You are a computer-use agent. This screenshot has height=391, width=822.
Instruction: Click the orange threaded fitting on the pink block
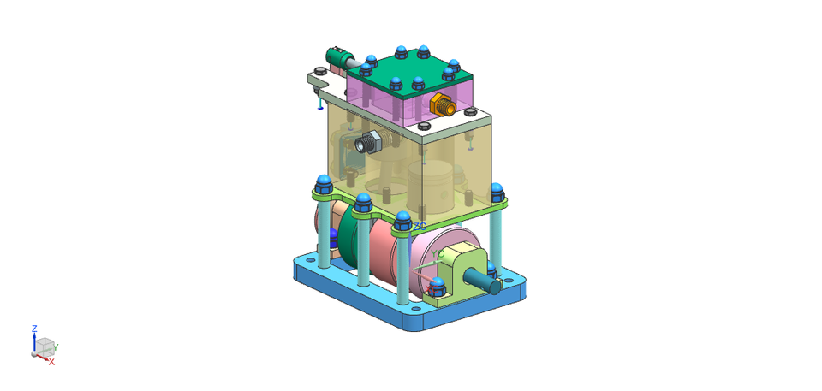click(443, 105)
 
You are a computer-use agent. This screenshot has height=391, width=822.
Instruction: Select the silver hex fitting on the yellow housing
click(368, 142)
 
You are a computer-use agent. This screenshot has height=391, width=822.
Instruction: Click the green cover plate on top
click(408, 68)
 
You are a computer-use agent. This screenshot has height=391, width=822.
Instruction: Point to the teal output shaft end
click(490, 276)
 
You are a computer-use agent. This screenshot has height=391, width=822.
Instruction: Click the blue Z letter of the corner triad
click(34, 329)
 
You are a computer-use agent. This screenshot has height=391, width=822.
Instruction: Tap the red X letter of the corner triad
click(51, 362)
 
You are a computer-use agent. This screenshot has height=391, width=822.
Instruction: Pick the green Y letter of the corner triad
click(56, 347)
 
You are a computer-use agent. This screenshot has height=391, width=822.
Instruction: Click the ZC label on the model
click(420, 226)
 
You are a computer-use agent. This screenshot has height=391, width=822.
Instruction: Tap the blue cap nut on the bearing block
click(438, 285)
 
